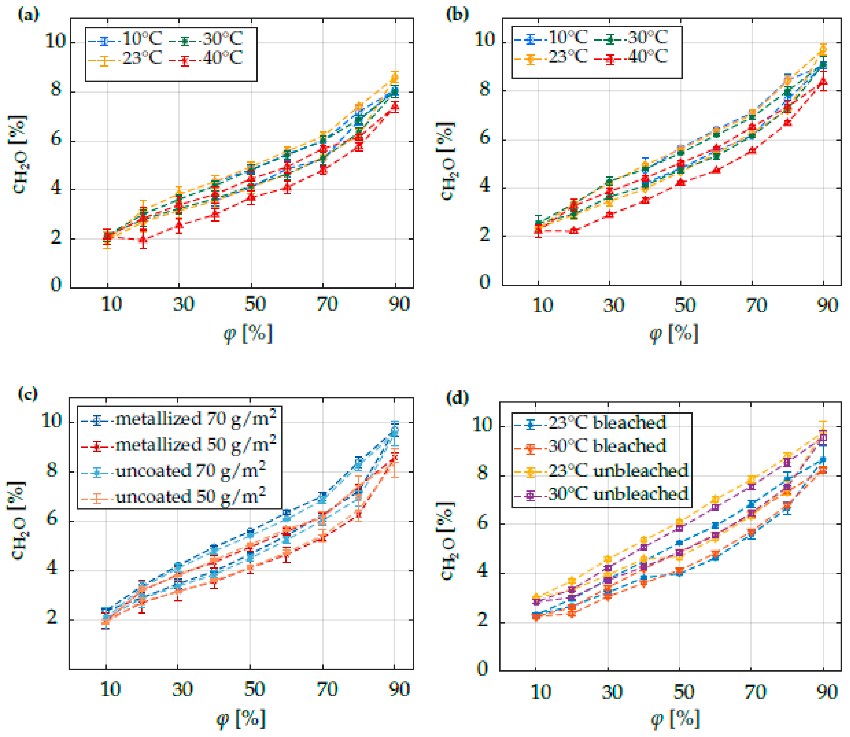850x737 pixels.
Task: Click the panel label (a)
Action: (x=28, y=15)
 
